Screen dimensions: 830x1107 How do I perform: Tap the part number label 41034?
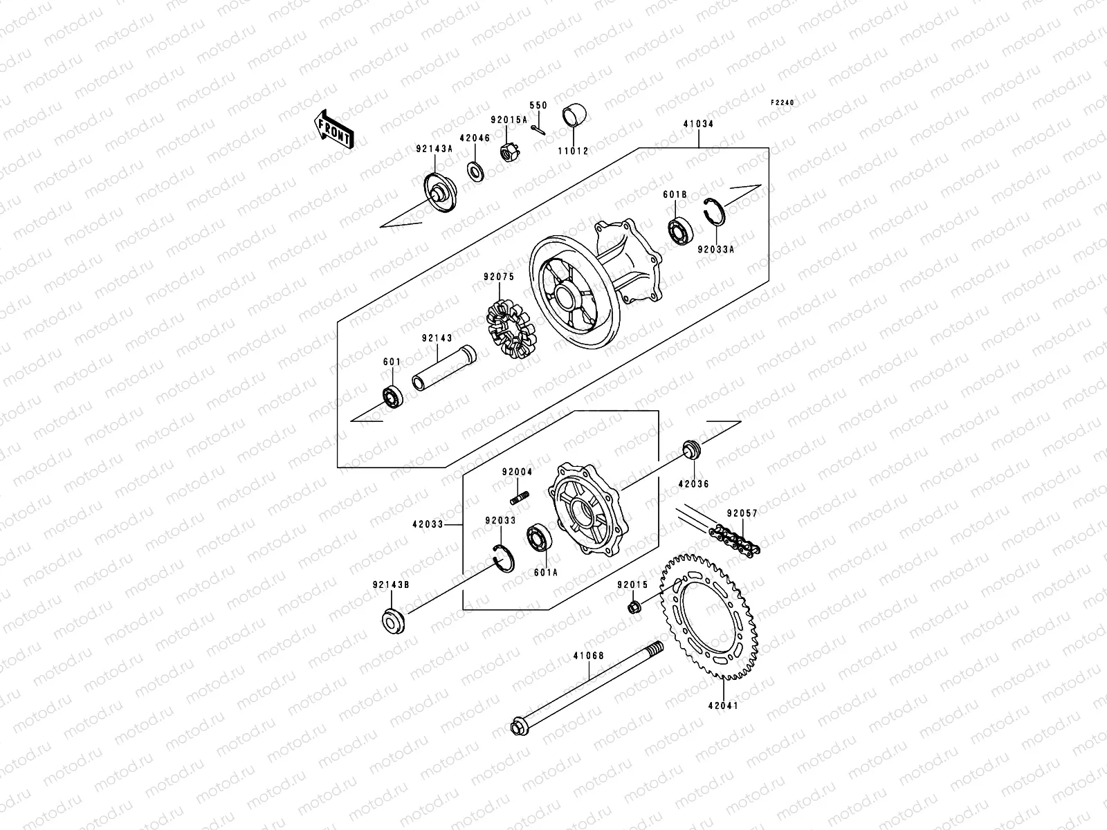(698, 124)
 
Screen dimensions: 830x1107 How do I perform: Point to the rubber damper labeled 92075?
(511, 331)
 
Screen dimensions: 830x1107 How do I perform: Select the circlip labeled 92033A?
(714, 210)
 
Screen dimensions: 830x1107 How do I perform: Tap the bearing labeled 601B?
(680, 230)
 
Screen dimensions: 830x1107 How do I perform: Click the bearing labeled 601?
(394, 397)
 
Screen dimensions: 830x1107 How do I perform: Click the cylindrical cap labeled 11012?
(573, 116)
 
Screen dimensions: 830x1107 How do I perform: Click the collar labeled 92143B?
(393, 620)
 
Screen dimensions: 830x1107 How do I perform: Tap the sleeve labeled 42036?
(690, 449)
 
